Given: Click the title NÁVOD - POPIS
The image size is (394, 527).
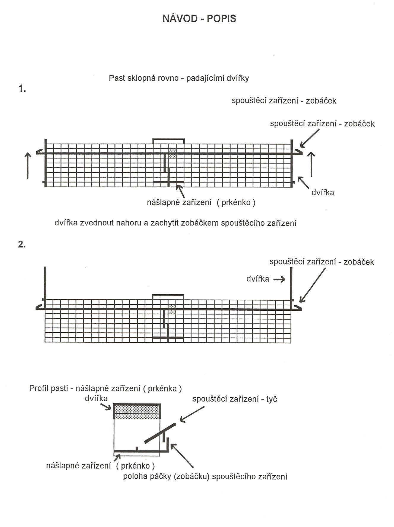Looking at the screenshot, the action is [199, 18].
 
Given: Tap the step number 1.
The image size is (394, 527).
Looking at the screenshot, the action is [22, 88].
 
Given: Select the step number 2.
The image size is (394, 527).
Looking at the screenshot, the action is [22, 244].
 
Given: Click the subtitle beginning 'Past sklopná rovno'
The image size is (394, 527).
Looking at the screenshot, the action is [179, 78].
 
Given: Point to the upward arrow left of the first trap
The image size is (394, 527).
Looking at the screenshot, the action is [28, 165].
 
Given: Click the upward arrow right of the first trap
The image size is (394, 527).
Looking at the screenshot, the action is [311, 164].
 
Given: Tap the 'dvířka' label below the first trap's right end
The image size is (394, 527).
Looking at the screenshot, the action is [323, 193].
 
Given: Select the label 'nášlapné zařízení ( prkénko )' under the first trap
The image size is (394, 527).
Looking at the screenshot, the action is [201, 202].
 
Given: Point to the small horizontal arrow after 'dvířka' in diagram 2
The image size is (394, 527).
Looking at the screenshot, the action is [279, 279].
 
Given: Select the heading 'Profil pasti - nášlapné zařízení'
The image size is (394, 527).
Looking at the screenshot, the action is [105, 388].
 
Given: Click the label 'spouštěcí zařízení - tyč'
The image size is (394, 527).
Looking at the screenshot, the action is [235, 399].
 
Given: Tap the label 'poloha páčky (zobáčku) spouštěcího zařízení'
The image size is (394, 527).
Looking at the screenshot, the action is [205, 477].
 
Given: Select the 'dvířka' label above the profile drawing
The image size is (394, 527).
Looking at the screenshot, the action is [96, 398].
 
